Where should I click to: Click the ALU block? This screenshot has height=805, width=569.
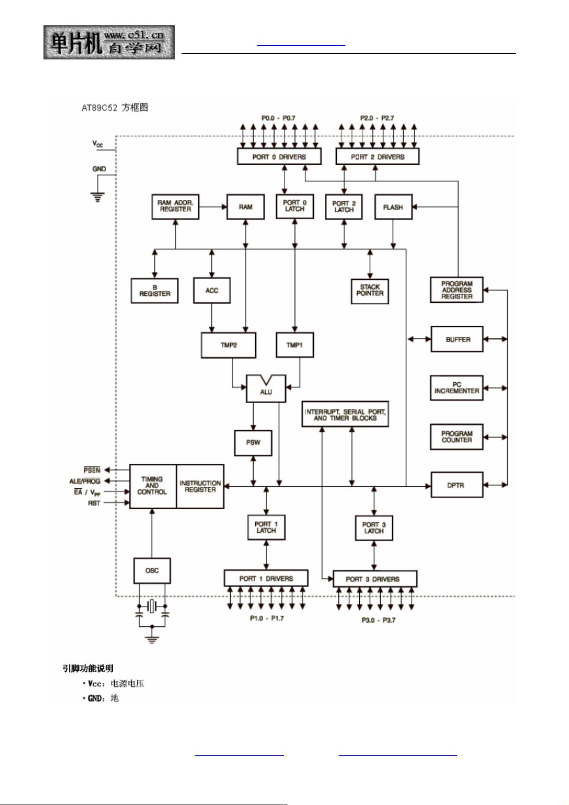click(266, 389)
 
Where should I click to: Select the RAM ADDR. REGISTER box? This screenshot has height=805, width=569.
click(175, 206)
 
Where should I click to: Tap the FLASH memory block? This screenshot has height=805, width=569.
click(393, 207)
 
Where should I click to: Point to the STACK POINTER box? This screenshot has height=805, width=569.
click(370, 291)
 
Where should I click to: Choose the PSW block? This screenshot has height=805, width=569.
click(253, 442)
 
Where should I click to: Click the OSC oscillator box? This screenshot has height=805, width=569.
click(152, 570)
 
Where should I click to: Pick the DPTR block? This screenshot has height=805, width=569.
click(457, 485)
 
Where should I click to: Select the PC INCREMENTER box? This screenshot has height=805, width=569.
click(457, 388)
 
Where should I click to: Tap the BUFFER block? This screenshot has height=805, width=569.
click(457, 339)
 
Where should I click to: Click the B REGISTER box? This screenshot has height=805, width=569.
click(154, 291)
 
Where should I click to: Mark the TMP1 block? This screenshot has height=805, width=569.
click(295, 345)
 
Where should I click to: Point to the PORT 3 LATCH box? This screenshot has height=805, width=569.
click(374, 528)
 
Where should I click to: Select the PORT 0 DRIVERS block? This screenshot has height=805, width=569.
click(279, 157)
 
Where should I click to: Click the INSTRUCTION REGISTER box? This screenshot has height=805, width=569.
click(200, 486)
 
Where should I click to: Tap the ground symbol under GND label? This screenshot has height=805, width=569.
click(98, 196)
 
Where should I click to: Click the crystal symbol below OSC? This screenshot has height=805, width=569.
click(152, 607)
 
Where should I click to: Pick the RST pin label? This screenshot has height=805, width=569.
click(94, 503)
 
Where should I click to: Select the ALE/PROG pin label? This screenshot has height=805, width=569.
click(85, 481)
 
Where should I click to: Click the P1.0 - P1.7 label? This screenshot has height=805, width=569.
click(267, 618)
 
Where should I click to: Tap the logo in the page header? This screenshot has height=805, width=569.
click(109, 42)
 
